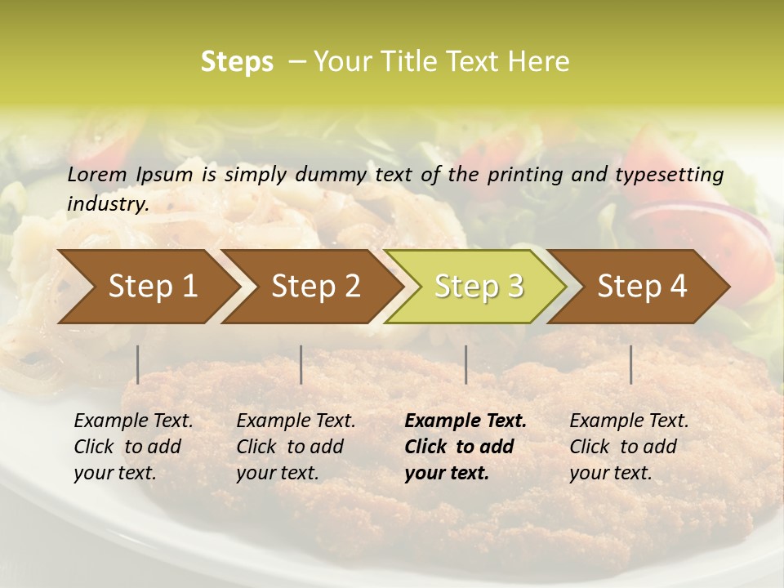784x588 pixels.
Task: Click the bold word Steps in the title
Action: pos(237,62)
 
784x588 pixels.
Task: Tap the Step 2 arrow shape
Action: pos(311,287)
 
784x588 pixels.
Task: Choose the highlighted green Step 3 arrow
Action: pos(474,287)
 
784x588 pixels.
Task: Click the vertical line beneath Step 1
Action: pos(138,364)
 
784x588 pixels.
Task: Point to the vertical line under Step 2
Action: pos(301,364)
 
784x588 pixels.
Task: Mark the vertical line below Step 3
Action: pos(465,364)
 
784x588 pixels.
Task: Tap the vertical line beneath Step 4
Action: pos(630,364)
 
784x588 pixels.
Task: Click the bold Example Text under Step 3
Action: pos(465,421)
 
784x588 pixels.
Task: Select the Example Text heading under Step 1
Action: pos(133,421)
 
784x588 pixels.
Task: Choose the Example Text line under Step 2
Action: pos(296,421)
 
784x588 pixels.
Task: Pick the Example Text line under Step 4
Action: pos(629,421)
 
